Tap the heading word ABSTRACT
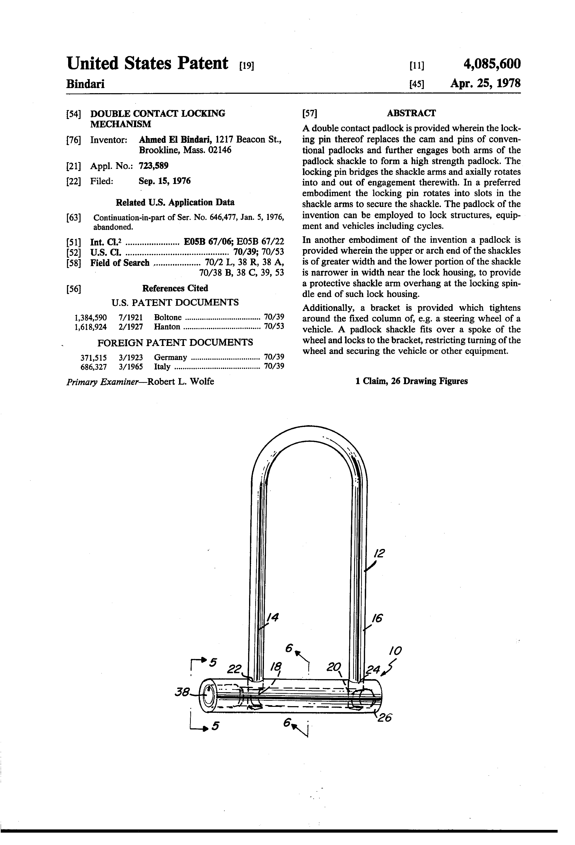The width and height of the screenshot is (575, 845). (x=411, y=113)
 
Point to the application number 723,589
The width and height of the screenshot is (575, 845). (x=153, y=166)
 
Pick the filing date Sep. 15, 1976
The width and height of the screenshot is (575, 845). (x=165, y=181)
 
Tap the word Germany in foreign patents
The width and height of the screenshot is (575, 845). (x=170, y=357)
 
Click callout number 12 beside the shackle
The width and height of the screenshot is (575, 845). (x=379, y=554)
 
